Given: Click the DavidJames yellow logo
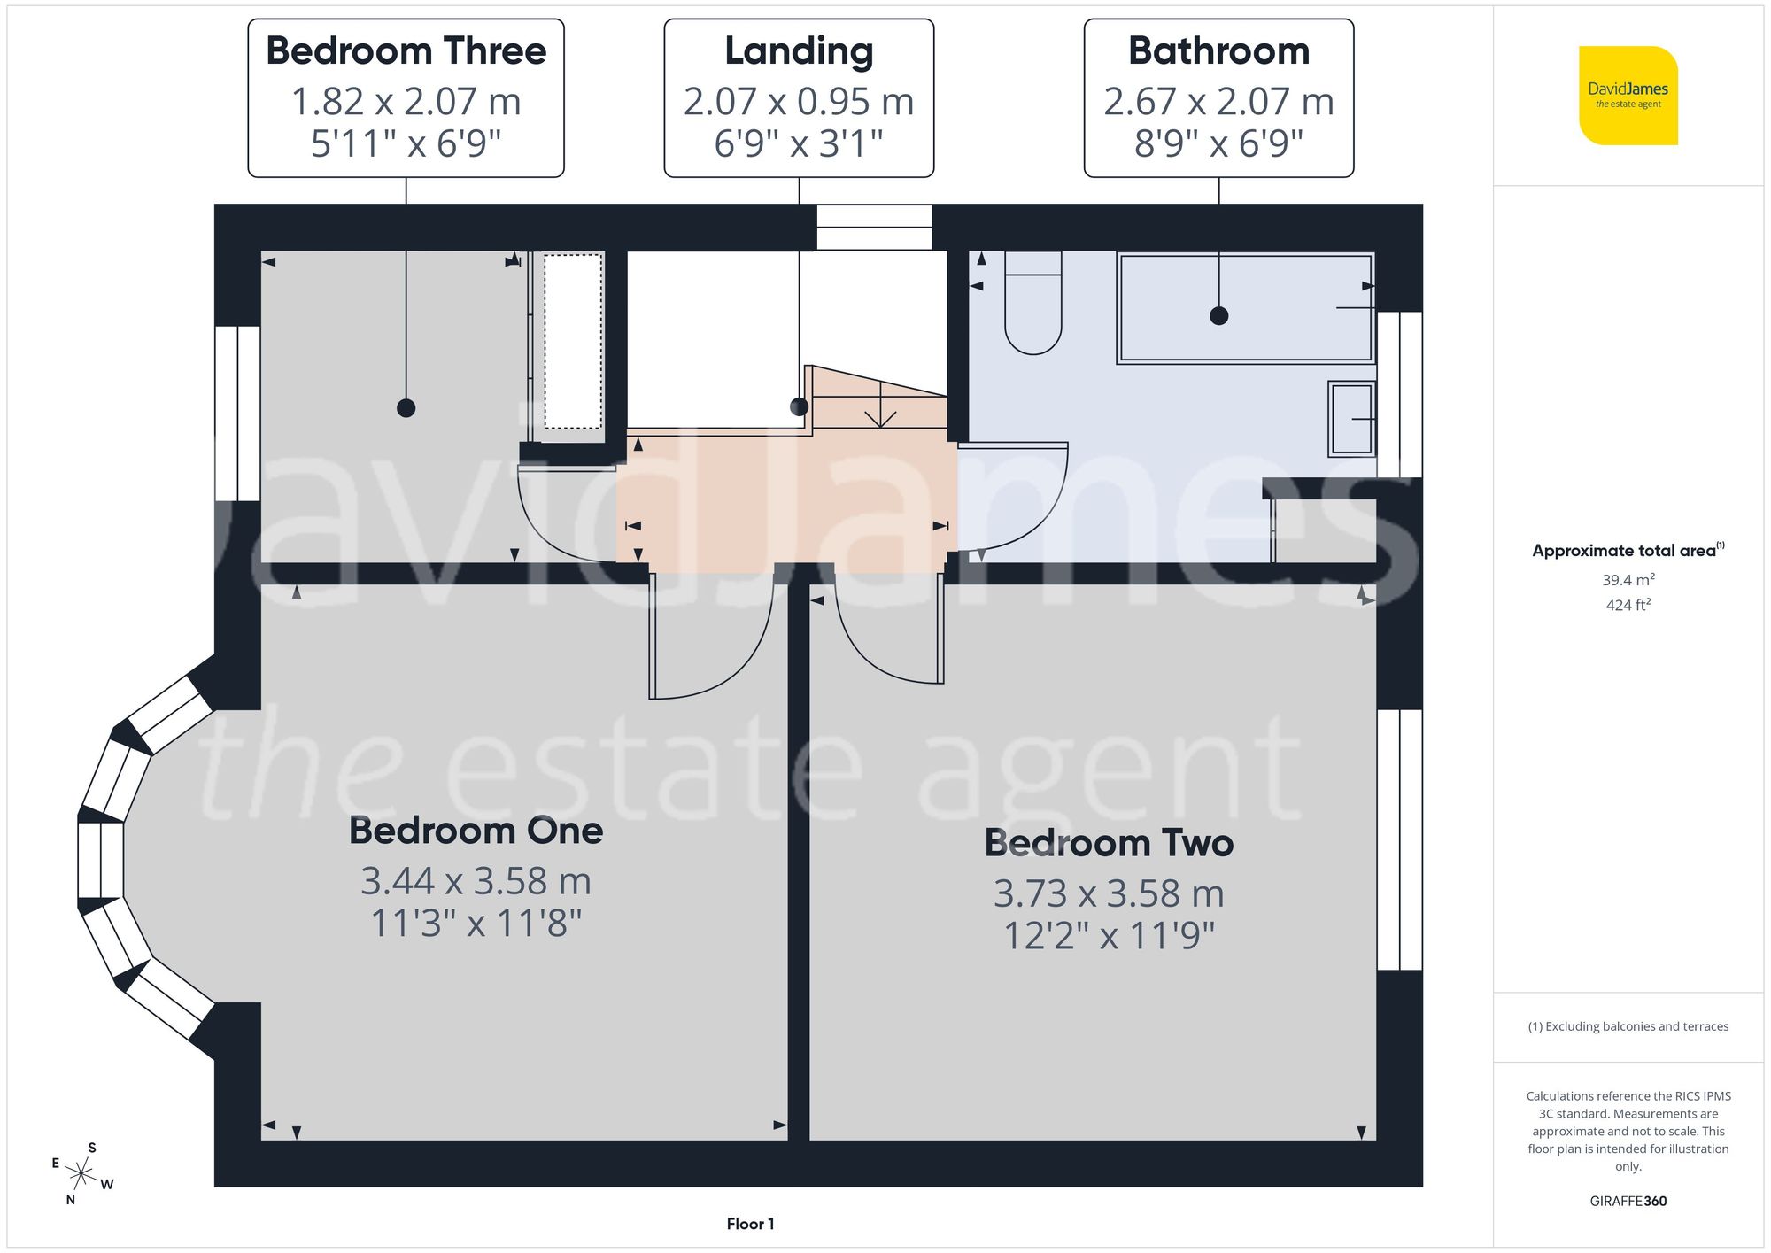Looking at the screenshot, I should pyautogui.click(x=1628, y=96).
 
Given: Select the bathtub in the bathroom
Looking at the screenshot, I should pyautogui.click(x=1246, y=308).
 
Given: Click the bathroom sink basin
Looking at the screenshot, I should pyautogui.click(x=1350, y=419).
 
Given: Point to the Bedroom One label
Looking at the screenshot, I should pyautogui.click(x=476, y=831).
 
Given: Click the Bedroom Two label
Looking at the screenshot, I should pyautogui.click(x=1109, y=843).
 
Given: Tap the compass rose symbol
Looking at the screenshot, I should pyautogui.click(x=81, y=1174).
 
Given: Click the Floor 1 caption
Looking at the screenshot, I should pyautogui.click(x=750, y=1224).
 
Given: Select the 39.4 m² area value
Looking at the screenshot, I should pyautogui.click(x=1628, y=580).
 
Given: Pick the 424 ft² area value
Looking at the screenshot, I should pyautogui.click(x=1628, y=605).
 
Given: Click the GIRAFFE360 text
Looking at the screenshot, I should pyautogui.click(x=1628, y=1201).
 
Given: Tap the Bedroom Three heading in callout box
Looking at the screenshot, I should pyautogui.click(x=406, y=50).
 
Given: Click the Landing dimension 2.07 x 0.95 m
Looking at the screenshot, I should pyautogui.click(x=798, y=101).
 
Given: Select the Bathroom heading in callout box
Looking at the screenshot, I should pyautogui.click(x=1218, y=50).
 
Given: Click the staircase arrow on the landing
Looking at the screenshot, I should pyautogui.click(x=879, y=414).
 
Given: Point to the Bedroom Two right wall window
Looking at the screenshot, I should pyautogui.click(x=1399, y=839).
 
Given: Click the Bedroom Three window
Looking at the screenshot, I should pyautogui.click(x=237, y=413).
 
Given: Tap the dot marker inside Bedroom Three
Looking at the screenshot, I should pyautogui.click(x=406, y=408).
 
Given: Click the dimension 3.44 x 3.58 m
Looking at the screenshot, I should pyautogui.click(x=476, y=881).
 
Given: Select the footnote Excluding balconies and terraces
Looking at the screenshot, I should pyautogui.click(x=1628, y=1026).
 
